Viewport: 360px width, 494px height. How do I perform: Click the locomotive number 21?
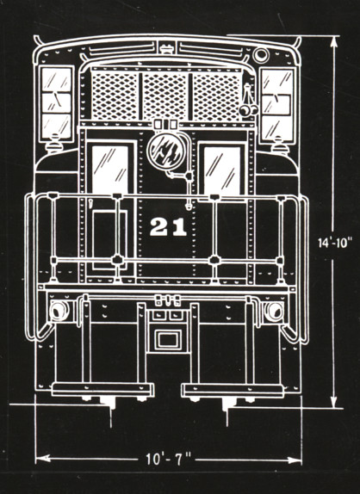click(168, 227)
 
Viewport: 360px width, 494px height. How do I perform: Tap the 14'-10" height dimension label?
click(334, 243)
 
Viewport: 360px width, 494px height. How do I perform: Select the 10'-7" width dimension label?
click(168, 459)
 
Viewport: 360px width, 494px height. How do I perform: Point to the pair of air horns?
click(248, 103)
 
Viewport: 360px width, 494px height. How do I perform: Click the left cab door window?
click(110, 170)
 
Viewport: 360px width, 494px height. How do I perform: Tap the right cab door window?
click(222, 170)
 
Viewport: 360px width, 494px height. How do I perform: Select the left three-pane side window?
click(57, 103)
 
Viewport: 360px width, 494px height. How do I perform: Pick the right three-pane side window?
click(277, 105)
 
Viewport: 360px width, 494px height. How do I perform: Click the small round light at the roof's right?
click(261, 55)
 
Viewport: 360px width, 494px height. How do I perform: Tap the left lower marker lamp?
click(59, 311)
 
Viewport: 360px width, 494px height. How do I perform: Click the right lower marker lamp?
click(274, 312)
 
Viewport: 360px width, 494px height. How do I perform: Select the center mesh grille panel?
click(165, 96)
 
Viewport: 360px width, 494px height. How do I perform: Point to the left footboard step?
click(102, 389)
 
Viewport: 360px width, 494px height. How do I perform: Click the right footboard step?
click(233, 391)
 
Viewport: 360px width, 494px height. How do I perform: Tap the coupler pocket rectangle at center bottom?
click(168, 340)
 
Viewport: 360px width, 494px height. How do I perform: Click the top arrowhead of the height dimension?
click(334, 42)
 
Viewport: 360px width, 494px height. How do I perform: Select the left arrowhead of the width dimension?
click(43, 458)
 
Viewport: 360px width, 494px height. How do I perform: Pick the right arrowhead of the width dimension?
click(295, 460)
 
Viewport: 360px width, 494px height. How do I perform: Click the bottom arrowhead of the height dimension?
click(333, 402)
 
